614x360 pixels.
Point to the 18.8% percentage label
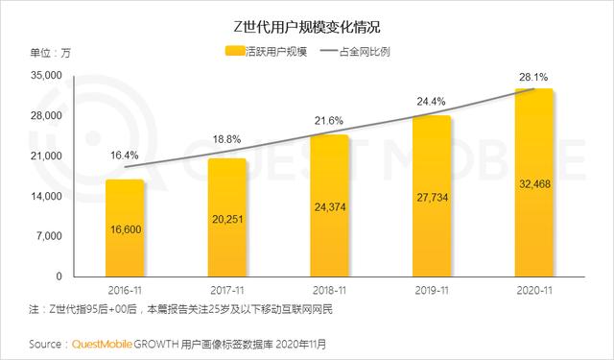(226, 138)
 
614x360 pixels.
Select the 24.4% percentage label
(431, 99)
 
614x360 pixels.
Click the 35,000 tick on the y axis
(47, 76)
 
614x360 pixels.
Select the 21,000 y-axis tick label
(47, 156)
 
